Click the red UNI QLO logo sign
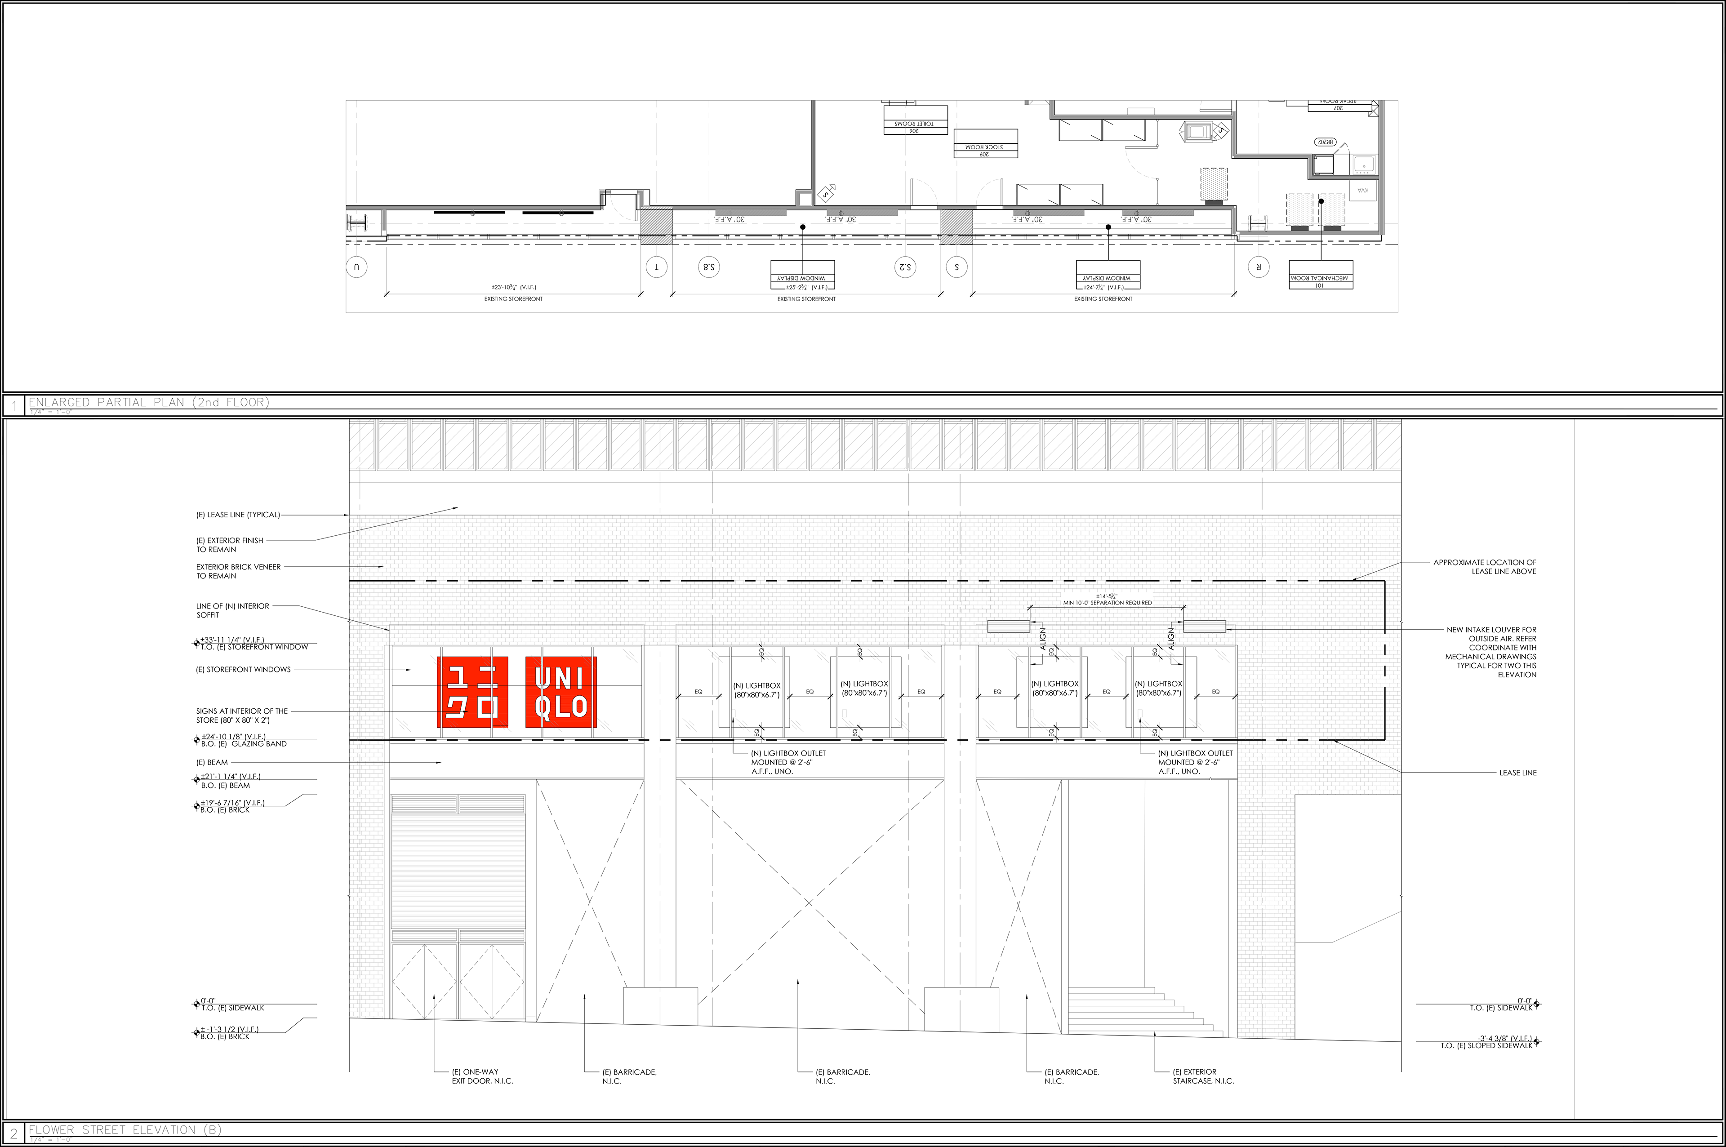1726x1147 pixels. click(561, 692)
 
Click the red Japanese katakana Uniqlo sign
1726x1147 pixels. click(472, 692)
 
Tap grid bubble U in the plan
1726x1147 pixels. click(356, 267)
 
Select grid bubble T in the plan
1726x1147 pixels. click(656, 267)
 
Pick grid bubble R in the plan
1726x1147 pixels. click(1259, 267)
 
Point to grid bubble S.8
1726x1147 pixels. click(709, 267)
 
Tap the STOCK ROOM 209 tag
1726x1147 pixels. click(985, 150)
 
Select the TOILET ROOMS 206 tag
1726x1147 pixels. click(915, 127)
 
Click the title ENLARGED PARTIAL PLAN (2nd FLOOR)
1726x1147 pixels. click(148, 402)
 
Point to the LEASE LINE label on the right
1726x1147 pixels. click(1517, 773)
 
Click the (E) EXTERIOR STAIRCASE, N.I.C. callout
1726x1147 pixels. click(1203, 1076)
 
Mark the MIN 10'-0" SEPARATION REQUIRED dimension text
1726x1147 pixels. click(1107, 603)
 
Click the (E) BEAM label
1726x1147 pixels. click(212, 762)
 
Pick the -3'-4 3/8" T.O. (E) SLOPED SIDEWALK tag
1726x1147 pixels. click(1488, 1042)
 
